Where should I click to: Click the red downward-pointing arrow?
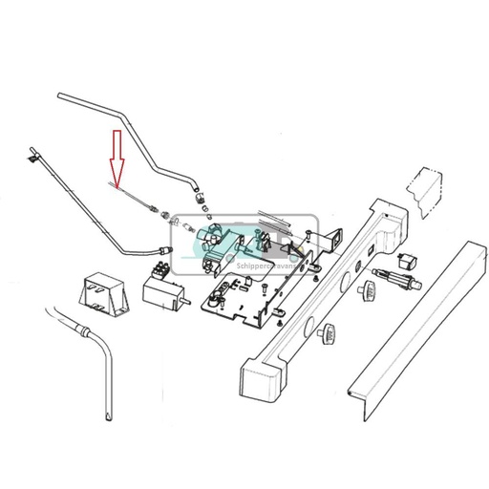point(117,157)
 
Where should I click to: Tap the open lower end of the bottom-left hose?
point(105,416)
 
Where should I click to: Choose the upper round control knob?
point(366,289)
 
